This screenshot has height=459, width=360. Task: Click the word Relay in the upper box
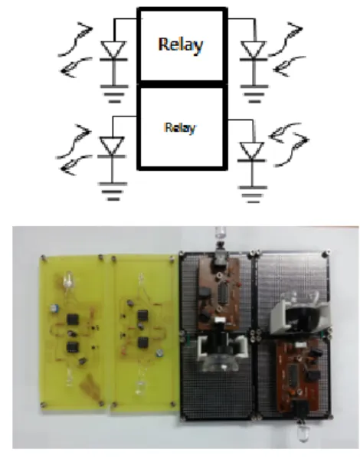181,44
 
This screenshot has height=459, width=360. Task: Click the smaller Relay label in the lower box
180,128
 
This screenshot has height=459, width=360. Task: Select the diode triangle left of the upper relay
113,50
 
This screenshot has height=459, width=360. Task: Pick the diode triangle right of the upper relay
254,50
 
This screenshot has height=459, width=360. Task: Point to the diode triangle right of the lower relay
252,151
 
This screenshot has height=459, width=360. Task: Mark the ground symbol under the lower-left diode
113,192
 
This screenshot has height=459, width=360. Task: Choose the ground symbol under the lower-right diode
253,195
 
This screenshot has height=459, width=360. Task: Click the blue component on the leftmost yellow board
54,308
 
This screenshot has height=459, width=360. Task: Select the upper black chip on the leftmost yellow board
73,319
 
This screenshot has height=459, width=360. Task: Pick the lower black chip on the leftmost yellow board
72,346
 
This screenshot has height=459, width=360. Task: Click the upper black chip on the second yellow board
142,316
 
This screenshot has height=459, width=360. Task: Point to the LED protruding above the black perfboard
221,234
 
